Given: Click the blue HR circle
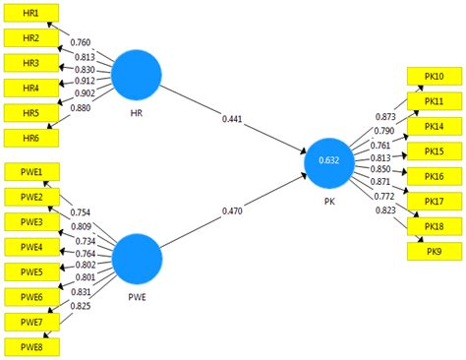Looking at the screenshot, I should pyautogui.click(x=136, y=76).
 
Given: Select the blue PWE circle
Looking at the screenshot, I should pyautogui.click(x=136, y=261).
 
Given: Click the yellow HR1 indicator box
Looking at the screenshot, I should pyautogui.click(x=29, y=13).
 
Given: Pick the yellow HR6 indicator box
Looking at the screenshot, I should pyautogui.click(x=29, y=139).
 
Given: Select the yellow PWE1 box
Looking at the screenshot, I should pyautogui.click(x=31, y=171).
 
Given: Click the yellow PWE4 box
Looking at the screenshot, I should pyautogui.click(x=31, y=246).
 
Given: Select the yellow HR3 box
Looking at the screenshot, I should pyautogui.click(x=29, y=63).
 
